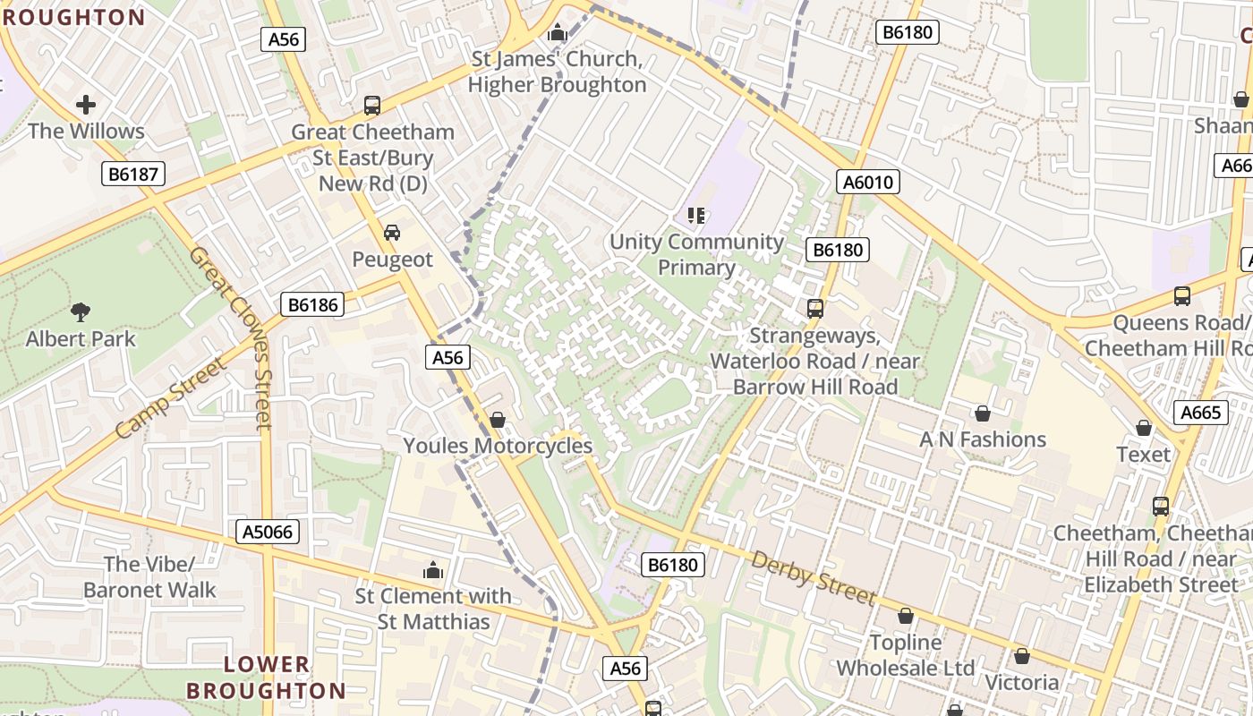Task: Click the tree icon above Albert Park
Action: click(x=81, y=311)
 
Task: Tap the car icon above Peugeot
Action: click(x=391, y=233)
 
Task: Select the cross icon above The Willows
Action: click(x=86, y=105)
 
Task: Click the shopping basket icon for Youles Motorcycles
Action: click(x=498, y=420)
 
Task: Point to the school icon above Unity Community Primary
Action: click(x=696, y=215)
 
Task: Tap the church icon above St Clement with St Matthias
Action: click(x=433, y=570)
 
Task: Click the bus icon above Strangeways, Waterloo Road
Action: click(x=814, y=309)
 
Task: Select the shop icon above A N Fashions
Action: click(x=982, y=413)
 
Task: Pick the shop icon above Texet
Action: click(x=1143, y=428)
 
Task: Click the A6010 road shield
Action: click(x=868, y=183)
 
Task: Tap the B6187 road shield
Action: click(x=132, y=174)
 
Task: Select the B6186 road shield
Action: click(x=311, y=304)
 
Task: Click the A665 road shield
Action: click(x=1200, y=413)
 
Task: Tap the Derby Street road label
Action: click(x=813, y=578)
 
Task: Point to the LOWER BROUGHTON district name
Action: click(x=266, y=678)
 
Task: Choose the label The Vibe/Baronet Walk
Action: click(x=149, y=577)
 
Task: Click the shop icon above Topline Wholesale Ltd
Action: click(x=906, y=617)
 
